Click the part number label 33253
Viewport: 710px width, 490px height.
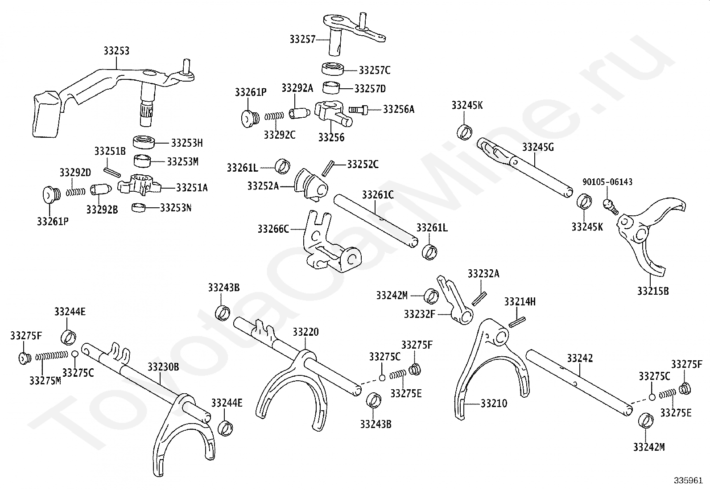[x=116, y=51]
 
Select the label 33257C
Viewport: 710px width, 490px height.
[x=374, y=70]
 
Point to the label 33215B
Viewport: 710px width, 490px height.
[x=652, y=291]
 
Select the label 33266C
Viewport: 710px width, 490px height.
[x=273, y=229]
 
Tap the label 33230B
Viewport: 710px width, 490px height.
[x=163, y=367]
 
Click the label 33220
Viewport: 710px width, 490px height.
[x=305, y=332]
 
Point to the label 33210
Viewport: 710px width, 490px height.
[x=494, y=404]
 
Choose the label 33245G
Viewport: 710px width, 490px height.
[x=538, y=147]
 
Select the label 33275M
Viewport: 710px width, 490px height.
[x=45, y=380]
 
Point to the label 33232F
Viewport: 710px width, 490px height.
[x=419, y=314]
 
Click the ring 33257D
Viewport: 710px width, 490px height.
[x=331, y=88]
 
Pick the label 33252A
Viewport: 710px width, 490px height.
[x=263, y=186]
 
